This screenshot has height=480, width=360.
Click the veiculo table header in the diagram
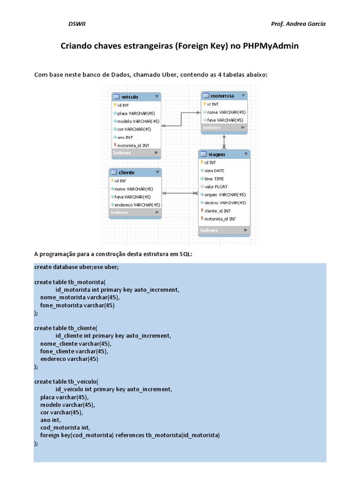(x=130, y=97)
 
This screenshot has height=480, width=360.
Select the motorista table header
(x=222, y=96)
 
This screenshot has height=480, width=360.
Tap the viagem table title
(x=217, y=154)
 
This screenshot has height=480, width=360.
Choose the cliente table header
(x=127, y=172)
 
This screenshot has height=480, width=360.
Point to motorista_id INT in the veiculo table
(x=133, y=145)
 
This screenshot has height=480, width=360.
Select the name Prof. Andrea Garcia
(x=298, y=24)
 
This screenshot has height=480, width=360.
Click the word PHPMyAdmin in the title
(x=270, y=46)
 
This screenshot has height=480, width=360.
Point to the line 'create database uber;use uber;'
(x=76, y=267)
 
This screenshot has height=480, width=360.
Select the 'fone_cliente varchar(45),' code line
(x=74, y=351)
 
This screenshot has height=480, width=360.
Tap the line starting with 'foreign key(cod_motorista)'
(x=130, y=435)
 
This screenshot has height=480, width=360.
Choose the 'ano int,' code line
(x=51, y=420)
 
